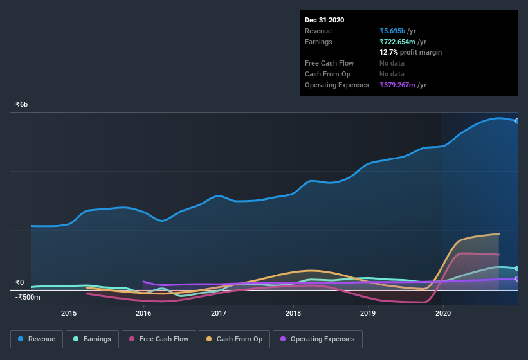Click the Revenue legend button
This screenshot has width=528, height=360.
[x=37, y=339]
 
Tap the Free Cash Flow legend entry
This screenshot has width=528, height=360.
[x=159, y=339]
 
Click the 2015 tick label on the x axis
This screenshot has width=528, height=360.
[x=69, y=314]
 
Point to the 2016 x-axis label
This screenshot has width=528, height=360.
[x=143, y=314]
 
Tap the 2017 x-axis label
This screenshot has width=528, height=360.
[x=219, y=314]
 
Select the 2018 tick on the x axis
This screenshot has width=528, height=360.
[x=293, y=314]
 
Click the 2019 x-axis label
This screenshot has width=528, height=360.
[x=368, y=314]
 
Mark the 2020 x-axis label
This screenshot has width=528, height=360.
[x=443, y=314]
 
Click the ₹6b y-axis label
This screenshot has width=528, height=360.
[x=22, y=104]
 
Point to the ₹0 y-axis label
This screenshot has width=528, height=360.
[x=19, y=282]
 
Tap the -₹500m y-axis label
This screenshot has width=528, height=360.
[x=28, y=297]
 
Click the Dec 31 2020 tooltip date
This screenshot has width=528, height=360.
[x=324, y=20]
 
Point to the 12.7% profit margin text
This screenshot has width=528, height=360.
[x=410, y=52]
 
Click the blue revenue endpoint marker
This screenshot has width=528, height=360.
[x=516, y=121]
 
